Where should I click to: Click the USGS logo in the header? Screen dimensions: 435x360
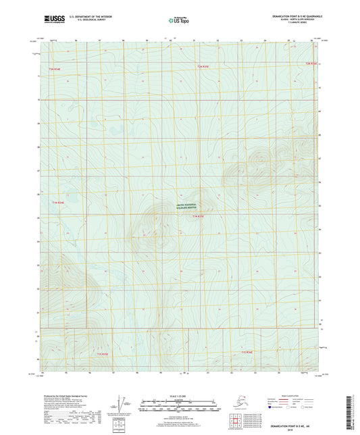tap(55, 20)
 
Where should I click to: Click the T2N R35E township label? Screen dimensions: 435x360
tap(203, 66)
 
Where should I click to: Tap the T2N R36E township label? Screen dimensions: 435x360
tap(311, 63)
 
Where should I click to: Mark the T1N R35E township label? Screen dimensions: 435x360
tap(198, 216)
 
